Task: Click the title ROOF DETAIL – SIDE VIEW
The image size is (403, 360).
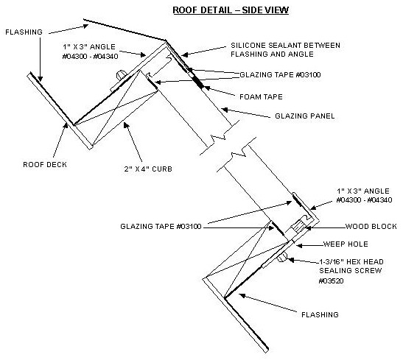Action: [231, 10]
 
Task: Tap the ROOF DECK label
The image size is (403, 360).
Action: [45, 165]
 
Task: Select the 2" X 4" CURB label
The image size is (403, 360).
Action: [148, 169]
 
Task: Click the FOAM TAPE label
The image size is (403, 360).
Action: [261, 96]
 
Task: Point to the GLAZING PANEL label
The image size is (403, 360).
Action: [305, 116]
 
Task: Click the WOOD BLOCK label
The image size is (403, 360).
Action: [371, 226]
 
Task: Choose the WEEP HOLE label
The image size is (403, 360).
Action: [346, 244]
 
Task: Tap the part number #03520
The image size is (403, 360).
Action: [331, 280]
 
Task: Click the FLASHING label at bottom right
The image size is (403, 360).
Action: [320, 314]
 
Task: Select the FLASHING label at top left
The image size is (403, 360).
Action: [24, 32]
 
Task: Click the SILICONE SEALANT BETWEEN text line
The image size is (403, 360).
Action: [285, 46]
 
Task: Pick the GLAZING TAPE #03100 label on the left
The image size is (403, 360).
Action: [161, 226]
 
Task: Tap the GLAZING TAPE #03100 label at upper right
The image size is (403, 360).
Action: [280, 74]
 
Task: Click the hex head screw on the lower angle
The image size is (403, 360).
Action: [282, 257]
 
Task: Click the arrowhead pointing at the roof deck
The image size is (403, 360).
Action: [66, 126]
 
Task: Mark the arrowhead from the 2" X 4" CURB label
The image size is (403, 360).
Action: [126, 125]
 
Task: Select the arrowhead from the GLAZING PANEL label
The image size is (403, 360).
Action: [225, 110]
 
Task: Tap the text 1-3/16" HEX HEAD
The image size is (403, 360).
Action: [351, 261]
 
